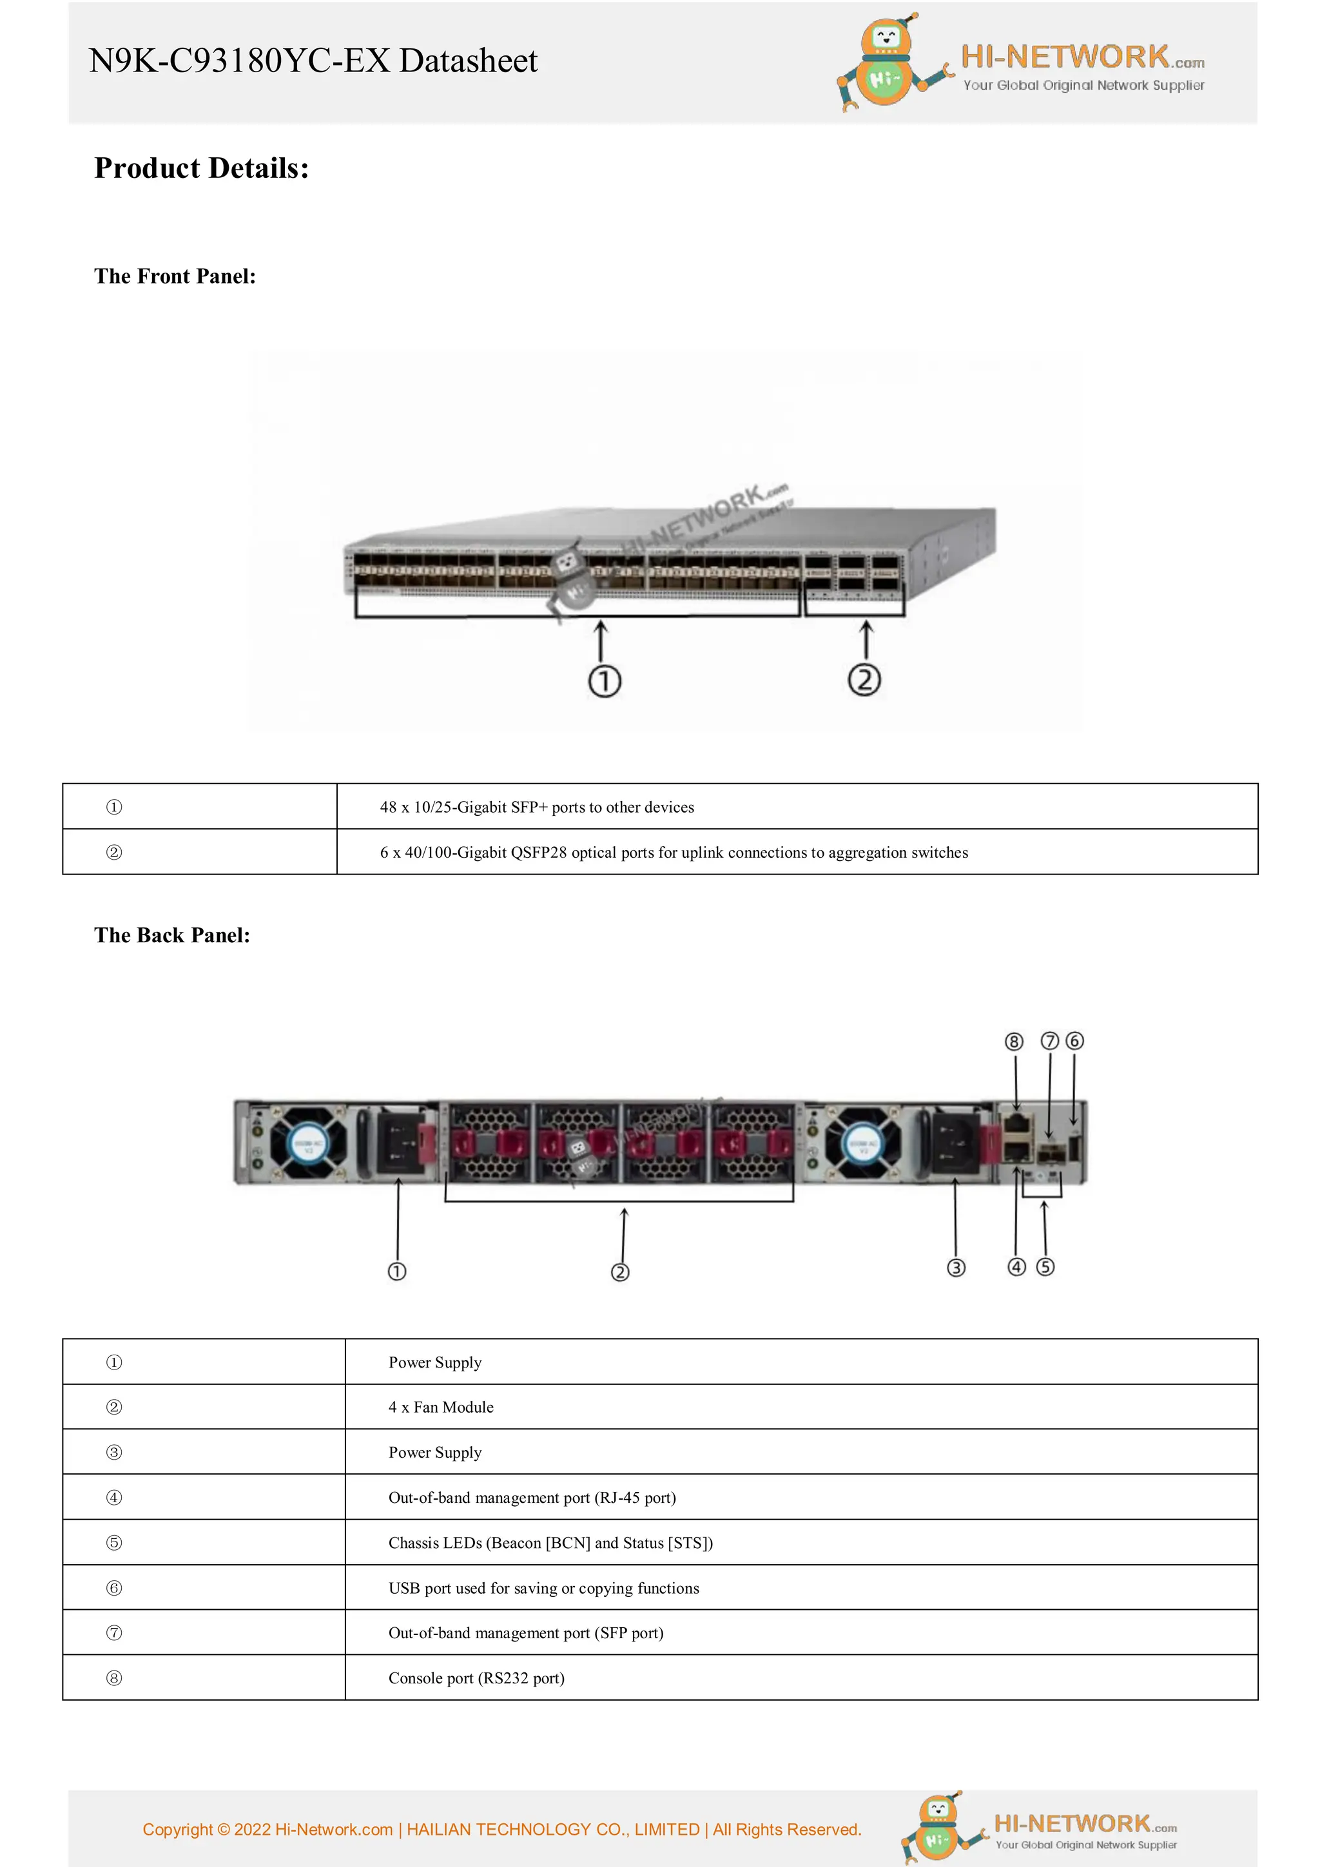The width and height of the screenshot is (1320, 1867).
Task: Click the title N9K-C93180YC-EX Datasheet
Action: (x=313, y=61)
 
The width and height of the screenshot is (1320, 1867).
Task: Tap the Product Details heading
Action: (x=201, y=168)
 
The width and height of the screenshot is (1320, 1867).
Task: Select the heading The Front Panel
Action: (x=175, y=276)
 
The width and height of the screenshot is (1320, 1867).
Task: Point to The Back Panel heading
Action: (x=171, y=935)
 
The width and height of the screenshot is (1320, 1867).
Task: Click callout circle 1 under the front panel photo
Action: (x=605, y=681)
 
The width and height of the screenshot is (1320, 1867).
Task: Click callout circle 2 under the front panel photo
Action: (x=864, y=680)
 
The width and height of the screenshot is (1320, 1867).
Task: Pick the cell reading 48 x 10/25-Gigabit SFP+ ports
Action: (x=537, y=807)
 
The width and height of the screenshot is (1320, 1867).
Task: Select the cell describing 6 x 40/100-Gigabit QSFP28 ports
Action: (x=674, y=852)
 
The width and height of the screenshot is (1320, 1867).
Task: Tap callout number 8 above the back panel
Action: (x=1013, y=1041)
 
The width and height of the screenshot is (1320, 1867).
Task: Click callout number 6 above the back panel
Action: (x=1074, y=1041)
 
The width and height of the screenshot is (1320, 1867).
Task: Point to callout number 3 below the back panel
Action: (x=956, y=1268)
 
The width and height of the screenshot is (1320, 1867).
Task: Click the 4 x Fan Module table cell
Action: (x=441, y=1407)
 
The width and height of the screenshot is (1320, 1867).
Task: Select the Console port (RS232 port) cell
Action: (x=476, y=1678)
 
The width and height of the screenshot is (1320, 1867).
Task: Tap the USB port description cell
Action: (x=543, y=1588)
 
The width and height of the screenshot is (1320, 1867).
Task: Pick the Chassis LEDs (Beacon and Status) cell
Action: (x=550, y=1543)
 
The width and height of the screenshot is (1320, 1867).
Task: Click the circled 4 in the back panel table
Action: (x=114, y=1497)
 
